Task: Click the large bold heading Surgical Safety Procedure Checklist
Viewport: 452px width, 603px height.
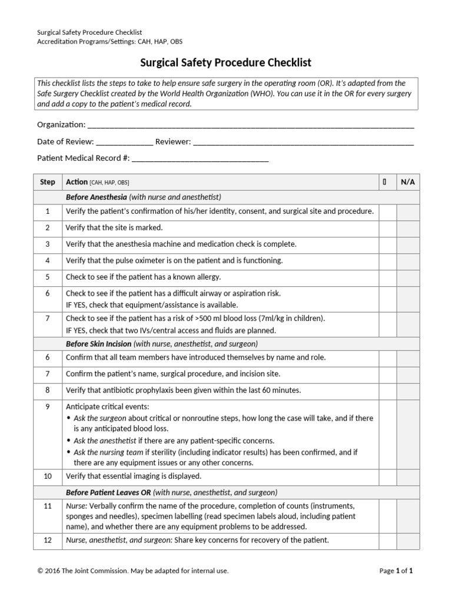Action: coord(225,62)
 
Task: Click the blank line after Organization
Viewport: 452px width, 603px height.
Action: coord(250,126)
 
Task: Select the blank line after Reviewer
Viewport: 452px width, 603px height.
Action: coord(303,143)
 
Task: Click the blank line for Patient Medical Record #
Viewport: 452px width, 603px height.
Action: coord(200,159)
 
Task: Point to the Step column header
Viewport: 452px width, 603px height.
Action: coord(48,182)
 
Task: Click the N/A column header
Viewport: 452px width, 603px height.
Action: coord(407,182)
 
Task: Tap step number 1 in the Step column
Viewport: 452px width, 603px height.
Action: coord(48,211)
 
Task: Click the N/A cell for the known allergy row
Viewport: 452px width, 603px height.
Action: coord(407,277)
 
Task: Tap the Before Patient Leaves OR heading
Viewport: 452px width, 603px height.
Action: coord(107,492)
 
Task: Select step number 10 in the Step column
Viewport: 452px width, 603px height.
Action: coord(48,476)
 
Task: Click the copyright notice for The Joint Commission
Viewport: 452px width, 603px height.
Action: coord(132,571)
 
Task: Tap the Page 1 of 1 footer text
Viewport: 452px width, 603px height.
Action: coord(396,571)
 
